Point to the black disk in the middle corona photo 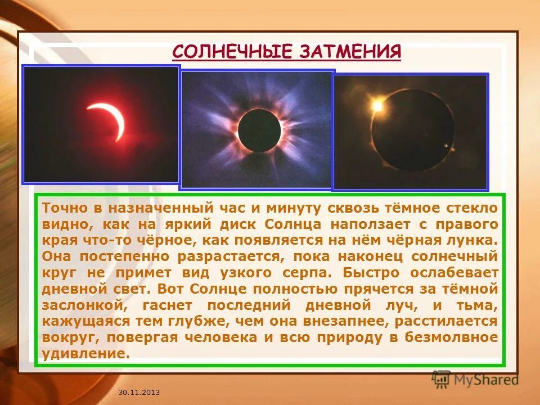point(259,129)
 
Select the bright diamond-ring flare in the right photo point(377,106)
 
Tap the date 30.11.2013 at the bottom point(139,391)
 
